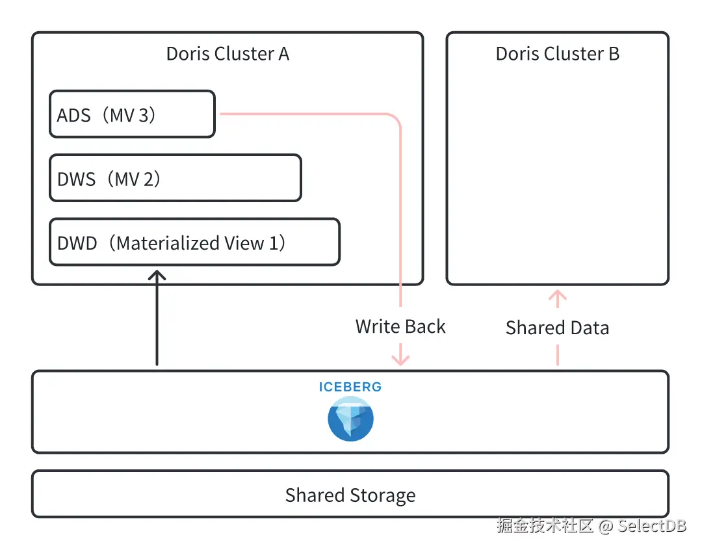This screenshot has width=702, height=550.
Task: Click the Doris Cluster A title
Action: (227, 54)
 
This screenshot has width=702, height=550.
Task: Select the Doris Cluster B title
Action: (558, 54)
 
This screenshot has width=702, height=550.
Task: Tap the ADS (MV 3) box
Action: (132, 114)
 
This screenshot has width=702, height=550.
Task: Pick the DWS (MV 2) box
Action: (175, 178)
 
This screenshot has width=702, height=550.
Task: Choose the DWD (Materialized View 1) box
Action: (194, 242)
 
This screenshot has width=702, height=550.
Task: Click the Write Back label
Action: (400, 326)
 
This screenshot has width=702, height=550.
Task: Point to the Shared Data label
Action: (558, 328)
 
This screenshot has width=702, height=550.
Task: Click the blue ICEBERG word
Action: (350, 387)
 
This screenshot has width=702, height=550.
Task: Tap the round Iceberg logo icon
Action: (350, 419)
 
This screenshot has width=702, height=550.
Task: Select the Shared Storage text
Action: (350, 495)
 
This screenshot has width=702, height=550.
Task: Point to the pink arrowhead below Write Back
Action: (400, 360)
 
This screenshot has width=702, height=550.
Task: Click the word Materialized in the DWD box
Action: (168, 243)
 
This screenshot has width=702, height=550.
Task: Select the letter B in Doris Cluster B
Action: (614, 54)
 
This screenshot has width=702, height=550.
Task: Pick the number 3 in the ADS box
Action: (144, 116)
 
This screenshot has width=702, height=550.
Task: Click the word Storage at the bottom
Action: (383, 495)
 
